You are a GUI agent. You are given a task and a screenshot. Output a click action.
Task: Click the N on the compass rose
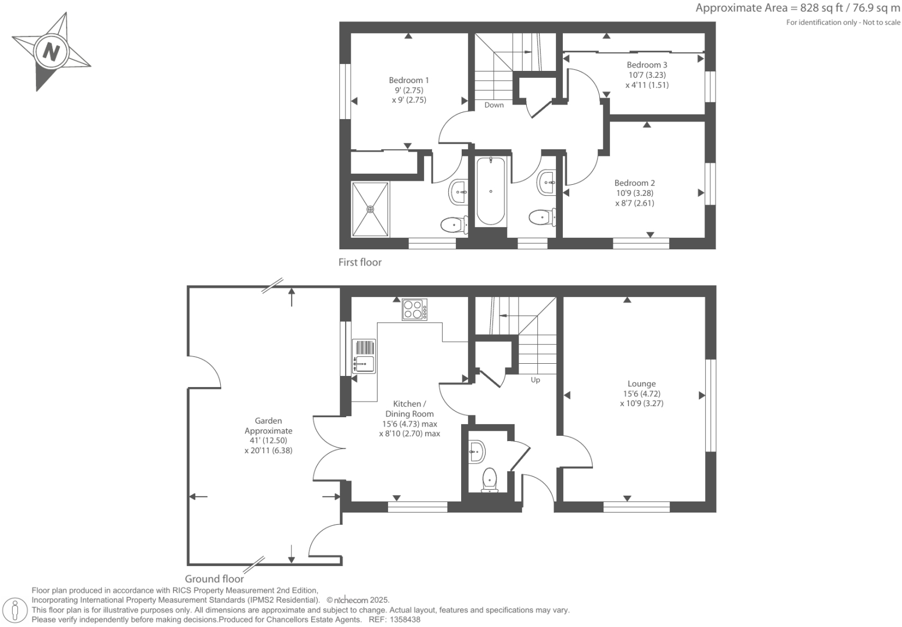pyautogui.click(x=51, y=52)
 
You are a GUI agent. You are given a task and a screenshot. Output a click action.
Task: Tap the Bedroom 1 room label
pyautogui.click(x=409, y=81)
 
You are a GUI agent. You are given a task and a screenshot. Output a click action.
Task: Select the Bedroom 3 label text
pyautogui.click(x=646, y=65)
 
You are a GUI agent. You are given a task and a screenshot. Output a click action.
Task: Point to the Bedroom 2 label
pyautogui.click(x=634, y=183)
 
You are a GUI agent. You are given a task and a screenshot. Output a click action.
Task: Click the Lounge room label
pyautogui.click(x=641, y=384)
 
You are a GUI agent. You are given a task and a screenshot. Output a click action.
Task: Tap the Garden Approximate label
pyautogui.click(x=268, y=426)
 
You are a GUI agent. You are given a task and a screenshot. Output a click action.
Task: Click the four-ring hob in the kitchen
pyautogui.click(x=414, y=309)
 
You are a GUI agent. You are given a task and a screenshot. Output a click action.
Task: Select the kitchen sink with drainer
pyautogui.click(x=364, y=356)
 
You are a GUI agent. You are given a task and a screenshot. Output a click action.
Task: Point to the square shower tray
pyautogui.click(x=370, y=209)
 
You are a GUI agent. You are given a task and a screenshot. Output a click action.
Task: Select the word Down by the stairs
pyautogui.click(x=494, y=105)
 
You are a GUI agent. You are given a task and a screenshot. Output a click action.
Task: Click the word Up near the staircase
pyautogui.click(x=535, y=380)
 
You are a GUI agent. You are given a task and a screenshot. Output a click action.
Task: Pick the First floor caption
pyautogui.click(x=360, y=262)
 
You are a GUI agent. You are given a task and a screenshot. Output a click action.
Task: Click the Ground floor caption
pyautogui.click(x=214, y=579)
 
